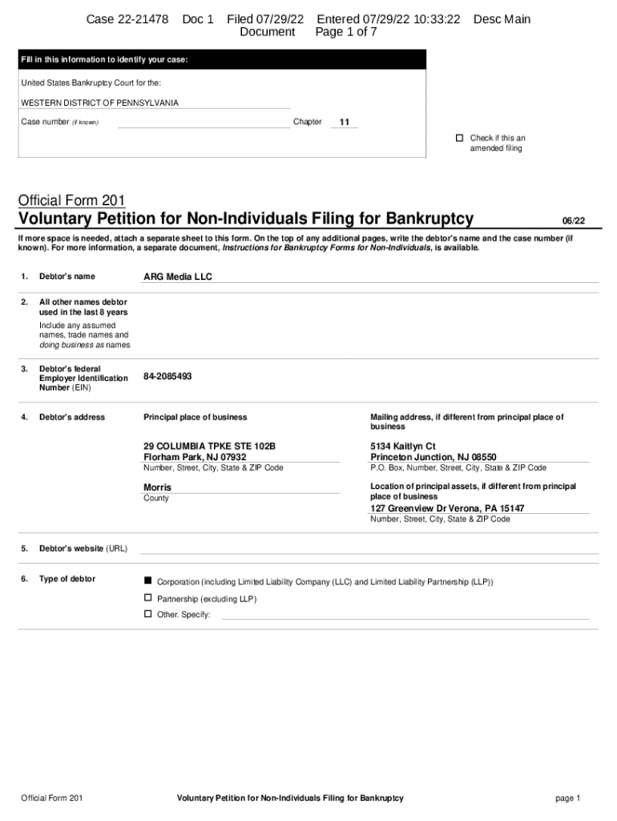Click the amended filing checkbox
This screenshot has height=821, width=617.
(x=460, y=138)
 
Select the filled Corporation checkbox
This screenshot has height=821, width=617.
(x=147, y=580)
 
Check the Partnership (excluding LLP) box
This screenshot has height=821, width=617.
(x=147, y=598)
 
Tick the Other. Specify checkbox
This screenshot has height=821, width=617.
(x=147, y=614)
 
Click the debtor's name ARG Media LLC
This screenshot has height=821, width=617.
(x=178, y=277)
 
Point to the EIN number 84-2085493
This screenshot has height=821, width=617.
(x=167, y=376)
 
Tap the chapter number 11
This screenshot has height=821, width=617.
(x=345, y=123)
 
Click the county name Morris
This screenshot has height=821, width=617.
(x=157, y=487)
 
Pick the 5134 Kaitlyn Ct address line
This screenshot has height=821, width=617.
(x=403, y=446)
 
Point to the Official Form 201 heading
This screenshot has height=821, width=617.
(x=71, y=200)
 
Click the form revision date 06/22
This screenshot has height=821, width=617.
(x=573, y=220)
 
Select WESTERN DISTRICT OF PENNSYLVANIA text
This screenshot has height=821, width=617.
(x=99, y=103)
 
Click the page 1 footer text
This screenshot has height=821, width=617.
(x=567, y=799)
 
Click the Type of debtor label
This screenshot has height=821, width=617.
(x=67, y=579)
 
